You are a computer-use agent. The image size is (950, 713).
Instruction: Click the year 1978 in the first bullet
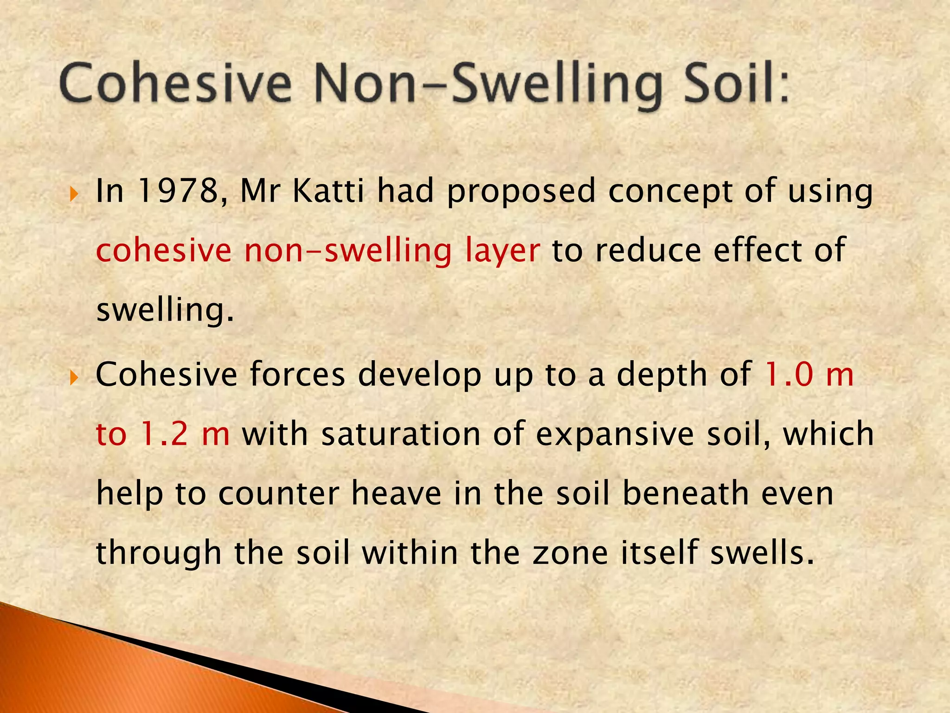pyautogui.click(x=178, y=191)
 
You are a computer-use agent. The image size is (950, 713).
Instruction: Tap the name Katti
pyautogui.click(x=328, y=191)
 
